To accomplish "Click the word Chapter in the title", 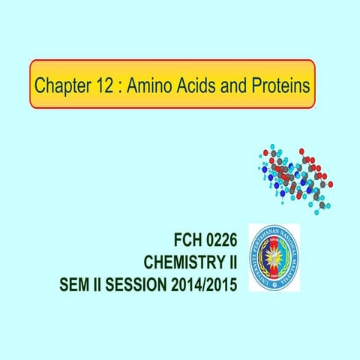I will pos(62,85).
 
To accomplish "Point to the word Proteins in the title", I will pos(280,85).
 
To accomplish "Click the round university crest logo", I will pos(273,257).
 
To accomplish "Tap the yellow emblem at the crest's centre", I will pos(273,257).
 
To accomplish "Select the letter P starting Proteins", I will pos(256,85).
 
